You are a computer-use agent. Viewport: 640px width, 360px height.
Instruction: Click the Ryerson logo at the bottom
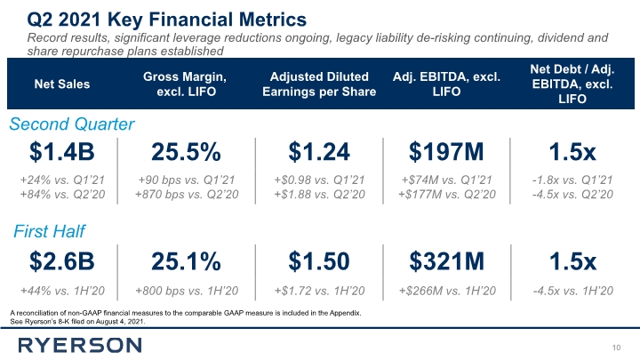pos(80,345)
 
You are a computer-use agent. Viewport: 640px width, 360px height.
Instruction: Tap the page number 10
pos(616,348)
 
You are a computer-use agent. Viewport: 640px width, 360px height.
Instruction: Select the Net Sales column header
pos(62,84)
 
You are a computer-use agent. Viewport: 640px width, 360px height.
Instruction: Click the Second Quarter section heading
pos(72,124)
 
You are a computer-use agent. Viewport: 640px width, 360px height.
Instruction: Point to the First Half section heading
pos(49,231)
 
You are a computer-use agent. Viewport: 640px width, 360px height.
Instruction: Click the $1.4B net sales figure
pos(62,151)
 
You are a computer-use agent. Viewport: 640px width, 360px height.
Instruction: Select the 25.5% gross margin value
pos(186,151)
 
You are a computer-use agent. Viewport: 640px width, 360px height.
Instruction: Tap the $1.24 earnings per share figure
pos(319,151)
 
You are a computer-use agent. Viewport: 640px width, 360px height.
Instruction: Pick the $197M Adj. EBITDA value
pos(446,151)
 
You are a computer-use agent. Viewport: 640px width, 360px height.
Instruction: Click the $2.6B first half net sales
pos(62,261)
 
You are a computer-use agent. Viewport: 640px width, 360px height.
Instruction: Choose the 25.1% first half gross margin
pos(186,261)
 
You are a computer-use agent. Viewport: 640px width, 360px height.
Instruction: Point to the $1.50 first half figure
pos(319,261)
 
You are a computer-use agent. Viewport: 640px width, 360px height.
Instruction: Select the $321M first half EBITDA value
pos(446,261)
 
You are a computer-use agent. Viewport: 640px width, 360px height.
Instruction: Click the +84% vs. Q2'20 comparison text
pos(62,195)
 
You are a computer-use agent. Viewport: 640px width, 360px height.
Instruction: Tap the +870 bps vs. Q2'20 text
pos(187,195)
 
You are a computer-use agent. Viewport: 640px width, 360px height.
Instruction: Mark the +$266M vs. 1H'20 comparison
pos(447,291)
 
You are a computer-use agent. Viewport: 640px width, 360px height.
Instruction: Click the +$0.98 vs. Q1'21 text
pos(319,180)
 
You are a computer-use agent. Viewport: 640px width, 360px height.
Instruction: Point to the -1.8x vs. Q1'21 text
pos(572,180)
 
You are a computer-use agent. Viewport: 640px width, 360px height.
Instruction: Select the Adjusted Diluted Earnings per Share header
pos(319,84)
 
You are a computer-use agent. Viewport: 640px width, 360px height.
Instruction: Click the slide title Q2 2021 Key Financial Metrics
pos(166,20)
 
